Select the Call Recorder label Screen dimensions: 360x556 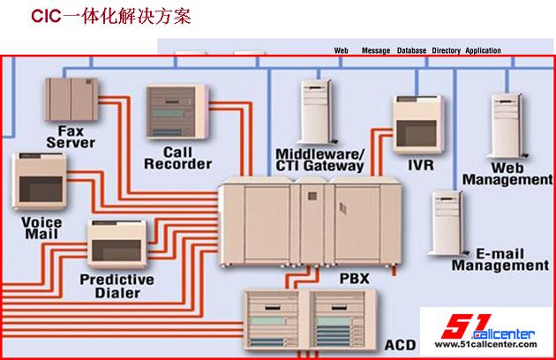pos(177,157)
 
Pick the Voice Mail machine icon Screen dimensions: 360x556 pos(39,183)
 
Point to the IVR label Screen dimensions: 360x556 pos(420,163)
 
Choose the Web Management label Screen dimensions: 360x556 pos(507,173)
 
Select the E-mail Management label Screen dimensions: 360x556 pos(500,259)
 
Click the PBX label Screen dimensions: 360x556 pos(354,279)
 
